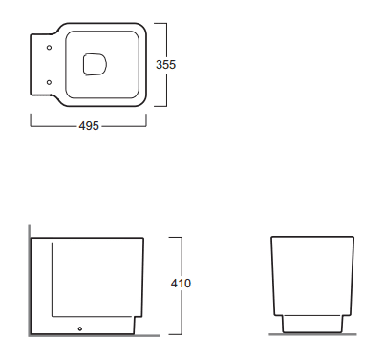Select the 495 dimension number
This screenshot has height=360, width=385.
87,124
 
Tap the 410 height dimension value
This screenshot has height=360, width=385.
182,284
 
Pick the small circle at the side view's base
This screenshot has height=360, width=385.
81,330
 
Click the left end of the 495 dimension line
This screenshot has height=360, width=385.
31,124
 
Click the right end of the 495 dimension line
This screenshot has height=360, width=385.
145,124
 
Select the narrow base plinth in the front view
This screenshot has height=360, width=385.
308,325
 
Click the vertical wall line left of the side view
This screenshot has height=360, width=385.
29,282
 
